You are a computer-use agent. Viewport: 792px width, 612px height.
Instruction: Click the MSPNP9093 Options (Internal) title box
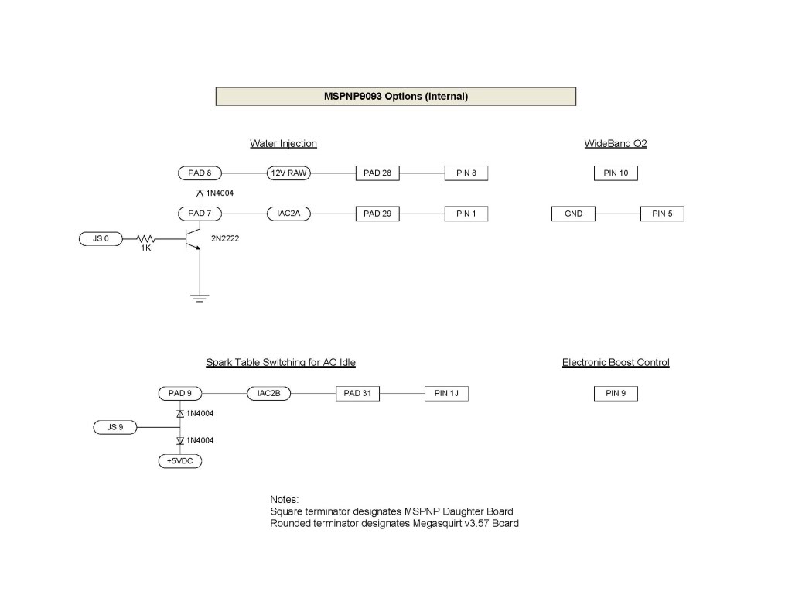coord(395,97)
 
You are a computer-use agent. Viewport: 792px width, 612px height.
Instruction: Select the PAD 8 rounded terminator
coord(200,173)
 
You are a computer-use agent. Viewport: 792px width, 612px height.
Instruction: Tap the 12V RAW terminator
coord(288,173)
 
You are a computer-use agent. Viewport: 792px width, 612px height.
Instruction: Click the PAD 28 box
coord(377,173)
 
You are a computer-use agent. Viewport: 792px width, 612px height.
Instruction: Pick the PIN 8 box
coord(466,173)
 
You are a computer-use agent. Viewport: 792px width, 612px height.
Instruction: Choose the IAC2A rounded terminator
coord(288,214)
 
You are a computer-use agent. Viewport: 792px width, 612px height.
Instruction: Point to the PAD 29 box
coord(377,214)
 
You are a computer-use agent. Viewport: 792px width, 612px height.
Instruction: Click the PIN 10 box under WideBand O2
coord(616,173)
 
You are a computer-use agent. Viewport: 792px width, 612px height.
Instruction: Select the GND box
coord(574,214)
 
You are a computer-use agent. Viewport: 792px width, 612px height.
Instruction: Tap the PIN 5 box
coord(662,214)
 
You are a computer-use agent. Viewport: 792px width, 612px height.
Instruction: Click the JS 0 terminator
coord(101,239)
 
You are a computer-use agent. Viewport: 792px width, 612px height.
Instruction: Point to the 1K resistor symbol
coord(145,240)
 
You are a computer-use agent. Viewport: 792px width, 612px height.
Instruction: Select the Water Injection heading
coord(283,144)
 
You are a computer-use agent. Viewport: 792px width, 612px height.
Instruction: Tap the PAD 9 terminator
coord(179,394)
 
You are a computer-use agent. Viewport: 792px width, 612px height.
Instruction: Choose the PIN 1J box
coord(446,394)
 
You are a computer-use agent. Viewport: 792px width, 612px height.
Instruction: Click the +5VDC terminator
coord(179,461)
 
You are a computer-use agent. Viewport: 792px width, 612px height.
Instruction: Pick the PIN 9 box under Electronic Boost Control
coord(616,394)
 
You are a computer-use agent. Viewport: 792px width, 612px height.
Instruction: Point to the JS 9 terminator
coord(115,426)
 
